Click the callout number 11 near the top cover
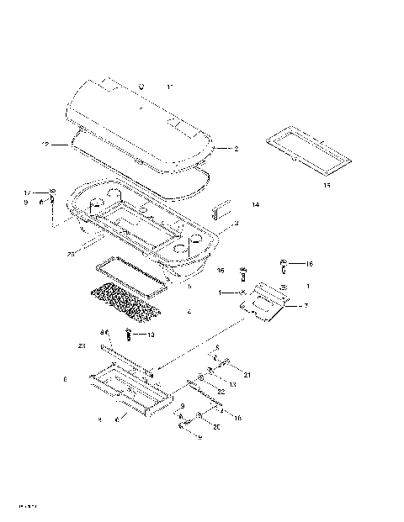(170, 87)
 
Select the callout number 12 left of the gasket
(45, 145)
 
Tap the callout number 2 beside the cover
(236, 149)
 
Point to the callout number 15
(326, 185)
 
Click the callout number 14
(255, 204)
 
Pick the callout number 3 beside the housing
(237, 223)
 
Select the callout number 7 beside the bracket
(306, 306)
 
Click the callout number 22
(221, 391)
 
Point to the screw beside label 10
(128, 335)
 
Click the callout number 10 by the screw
(151, 335)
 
